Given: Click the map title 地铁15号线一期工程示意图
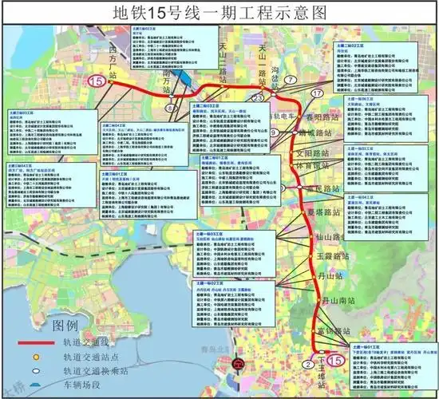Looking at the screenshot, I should click(x=219, y=13).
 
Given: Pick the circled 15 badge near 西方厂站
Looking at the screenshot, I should click(x=97, y=80).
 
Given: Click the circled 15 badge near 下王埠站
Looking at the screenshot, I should click(x=336, y=361).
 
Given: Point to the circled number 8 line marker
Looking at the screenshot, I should click(x=169, y=107).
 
